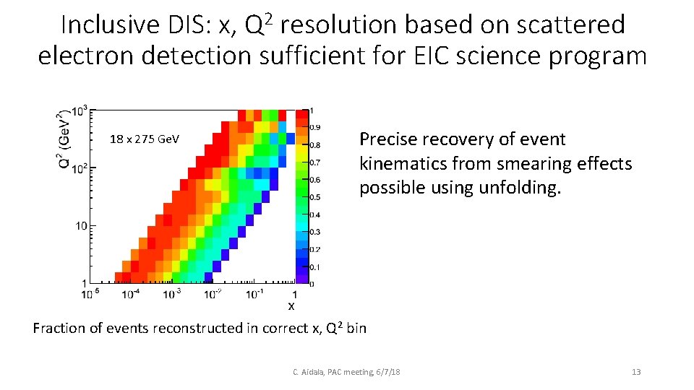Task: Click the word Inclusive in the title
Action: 106,25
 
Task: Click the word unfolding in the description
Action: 517,188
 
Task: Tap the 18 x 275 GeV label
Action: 145,139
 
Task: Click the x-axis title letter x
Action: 291,306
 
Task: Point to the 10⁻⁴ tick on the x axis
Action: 130,294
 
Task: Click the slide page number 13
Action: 636,372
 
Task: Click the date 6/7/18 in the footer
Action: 387,372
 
